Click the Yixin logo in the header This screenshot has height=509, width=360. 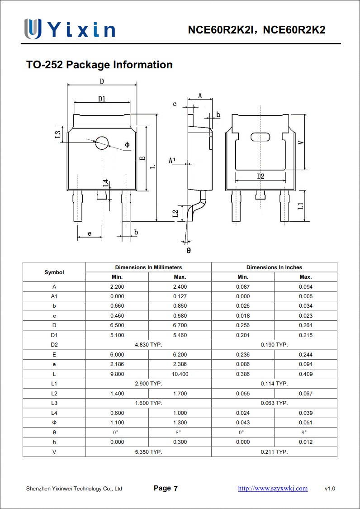click(70, 29)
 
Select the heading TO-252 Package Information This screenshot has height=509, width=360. click(99, 65)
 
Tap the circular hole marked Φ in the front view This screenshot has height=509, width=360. click(102, 143)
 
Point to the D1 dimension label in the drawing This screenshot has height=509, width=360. click(102, 99)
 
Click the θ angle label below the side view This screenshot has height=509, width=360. click(189, 250)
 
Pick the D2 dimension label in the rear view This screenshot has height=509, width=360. click(261, 176)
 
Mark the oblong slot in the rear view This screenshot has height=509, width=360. click(260, 136)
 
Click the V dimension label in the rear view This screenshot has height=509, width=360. click(301, 142)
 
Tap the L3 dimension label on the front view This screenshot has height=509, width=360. click(57, 135)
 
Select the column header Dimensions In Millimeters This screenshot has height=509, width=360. click(148, 267)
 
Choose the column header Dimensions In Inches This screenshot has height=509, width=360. click(274, 267)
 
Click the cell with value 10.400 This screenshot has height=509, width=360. click(180, 374)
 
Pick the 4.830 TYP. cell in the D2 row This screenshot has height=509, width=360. click(148, 345)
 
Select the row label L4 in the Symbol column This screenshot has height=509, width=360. click(54, 413)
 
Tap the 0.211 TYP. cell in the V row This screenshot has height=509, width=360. click(274, 452)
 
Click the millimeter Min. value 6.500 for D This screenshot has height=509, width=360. click(117, 325)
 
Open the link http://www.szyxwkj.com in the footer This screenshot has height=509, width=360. click(273, 488)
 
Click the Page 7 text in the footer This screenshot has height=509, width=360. click(166, 488)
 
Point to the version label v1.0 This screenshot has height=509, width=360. click(330, 489)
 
